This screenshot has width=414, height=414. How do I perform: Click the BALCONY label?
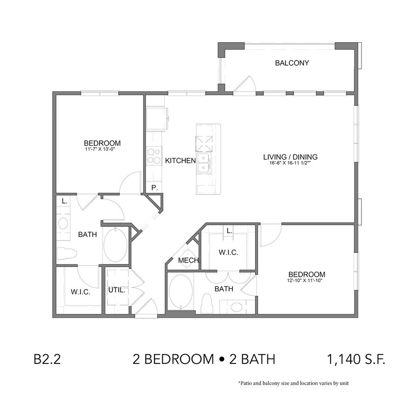pos(291,63)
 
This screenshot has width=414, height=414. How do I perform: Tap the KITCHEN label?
pos(180,160)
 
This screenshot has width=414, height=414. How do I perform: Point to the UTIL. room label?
pos(117,290)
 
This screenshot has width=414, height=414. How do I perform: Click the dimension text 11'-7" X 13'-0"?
pos(102,150)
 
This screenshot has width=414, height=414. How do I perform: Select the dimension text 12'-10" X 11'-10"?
pos(307,281)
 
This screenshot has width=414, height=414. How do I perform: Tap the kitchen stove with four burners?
pos(155,155)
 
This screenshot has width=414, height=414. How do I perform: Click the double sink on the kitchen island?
pos(204,163)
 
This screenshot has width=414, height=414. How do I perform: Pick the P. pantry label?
pos(154,187)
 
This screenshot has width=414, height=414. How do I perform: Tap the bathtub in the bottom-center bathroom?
pos(181,292)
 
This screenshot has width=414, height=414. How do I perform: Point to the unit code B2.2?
pos(47,359)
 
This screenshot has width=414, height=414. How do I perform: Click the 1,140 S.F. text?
pos(356,359)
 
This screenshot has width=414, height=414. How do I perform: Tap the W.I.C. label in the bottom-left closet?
pos(79,291)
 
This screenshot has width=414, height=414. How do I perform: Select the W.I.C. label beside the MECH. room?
pos(228,253)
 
